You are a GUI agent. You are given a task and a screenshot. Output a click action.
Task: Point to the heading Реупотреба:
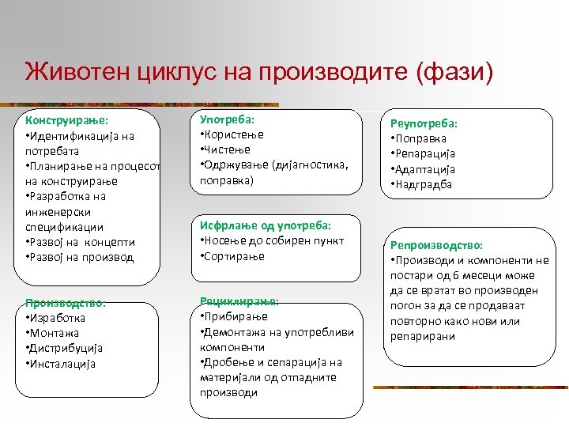pos(424,123)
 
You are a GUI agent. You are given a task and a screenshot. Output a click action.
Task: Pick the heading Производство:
pos(66,303)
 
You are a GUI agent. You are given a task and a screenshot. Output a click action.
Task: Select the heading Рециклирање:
pos(239,301)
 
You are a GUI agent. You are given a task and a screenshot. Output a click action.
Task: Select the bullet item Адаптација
pos(425,169)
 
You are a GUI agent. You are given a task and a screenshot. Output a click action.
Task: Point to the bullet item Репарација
pos(426,154)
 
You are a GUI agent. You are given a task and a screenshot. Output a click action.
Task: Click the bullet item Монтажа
pos(55,333)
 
